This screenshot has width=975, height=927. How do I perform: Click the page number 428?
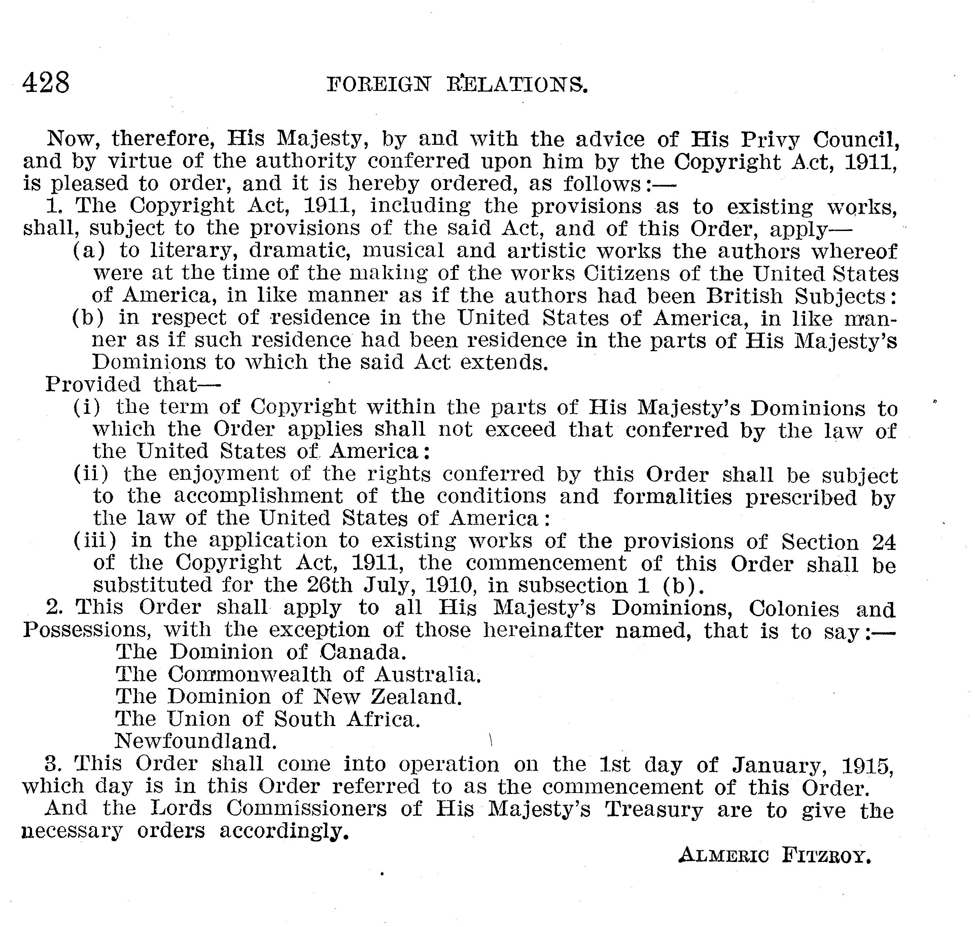[46, 83]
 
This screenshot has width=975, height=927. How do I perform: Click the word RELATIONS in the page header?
[517, 85]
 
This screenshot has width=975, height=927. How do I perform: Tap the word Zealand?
[416, 697]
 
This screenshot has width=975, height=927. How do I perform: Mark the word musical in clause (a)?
[404, 251]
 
